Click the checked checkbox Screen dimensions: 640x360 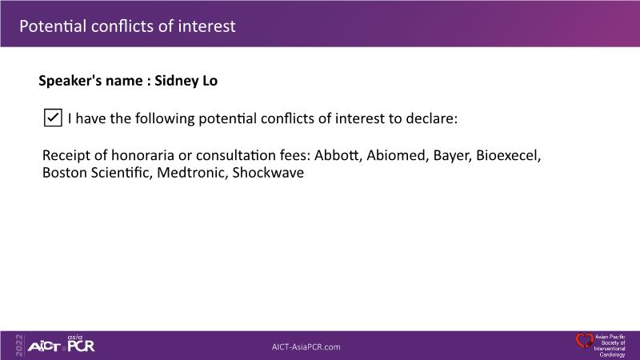click(x=53, y=118)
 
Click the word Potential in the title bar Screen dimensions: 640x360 click(x=53, y=26)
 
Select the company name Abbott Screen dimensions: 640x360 click(x=337, y=155)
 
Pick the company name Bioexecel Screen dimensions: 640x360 click(x=508, y=155)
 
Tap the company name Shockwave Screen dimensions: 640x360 click(x=268, y=173)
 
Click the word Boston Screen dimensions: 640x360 click(x=65, y=173)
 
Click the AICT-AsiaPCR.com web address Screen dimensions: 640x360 click(x=306, y=347)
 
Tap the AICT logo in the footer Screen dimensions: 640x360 click(x=44, y=347)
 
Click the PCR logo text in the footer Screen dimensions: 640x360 click(x=81, y=346)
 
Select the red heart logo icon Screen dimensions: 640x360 click(x=585, y=341)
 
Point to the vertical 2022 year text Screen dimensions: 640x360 click(x=19, y=346)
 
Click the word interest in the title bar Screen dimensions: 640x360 click(x=207, y=26)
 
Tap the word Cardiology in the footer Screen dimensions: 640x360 click(x=612, y=354)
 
